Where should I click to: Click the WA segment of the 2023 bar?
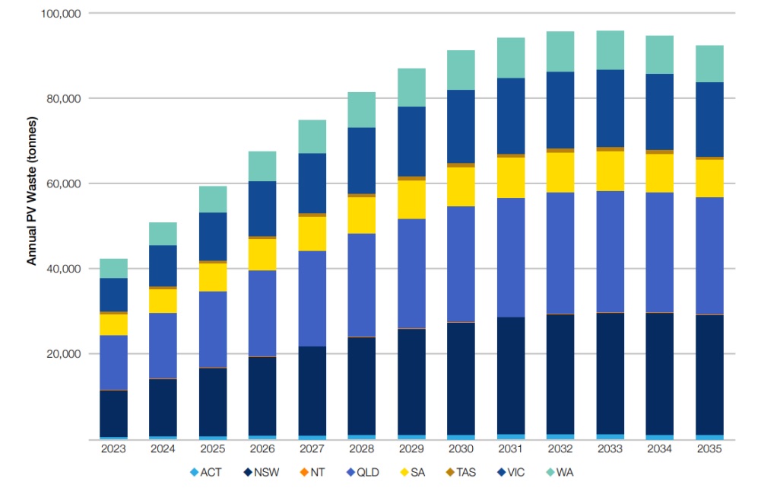113,268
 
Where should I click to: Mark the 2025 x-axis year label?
212,450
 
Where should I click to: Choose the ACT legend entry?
206,473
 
